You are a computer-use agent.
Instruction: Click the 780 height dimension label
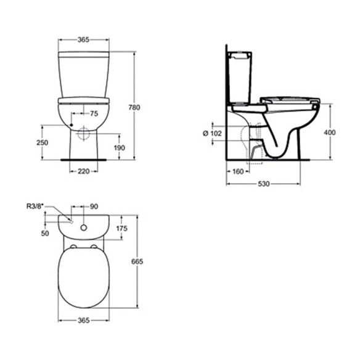pyautogui.click(x=134, y=107)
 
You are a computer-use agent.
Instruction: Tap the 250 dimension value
pyautogui.click(x=43, y=143)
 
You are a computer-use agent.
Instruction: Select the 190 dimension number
pyautogui.click(x=120, y=148)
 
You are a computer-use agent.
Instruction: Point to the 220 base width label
pyautogui.click(x=83, y=171)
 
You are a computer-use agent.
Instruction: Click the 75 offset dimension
pyautogui.click(x=94, y=113)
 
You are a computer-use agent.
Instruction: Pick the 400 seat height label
pyautogui.click(x=330, y=133)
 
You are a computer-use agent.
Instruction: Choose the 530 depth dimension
pyautogui.click(x=264, y=184)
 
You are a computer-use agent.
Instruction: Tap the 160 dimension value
pyautogui.click(x=238, y=171)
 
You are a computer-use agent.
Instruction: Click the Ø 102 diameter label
pyautogui.click(x=213, y=133)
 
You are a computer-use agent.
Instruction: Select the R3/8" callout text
pyautogui.click(x=35, y=207)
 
